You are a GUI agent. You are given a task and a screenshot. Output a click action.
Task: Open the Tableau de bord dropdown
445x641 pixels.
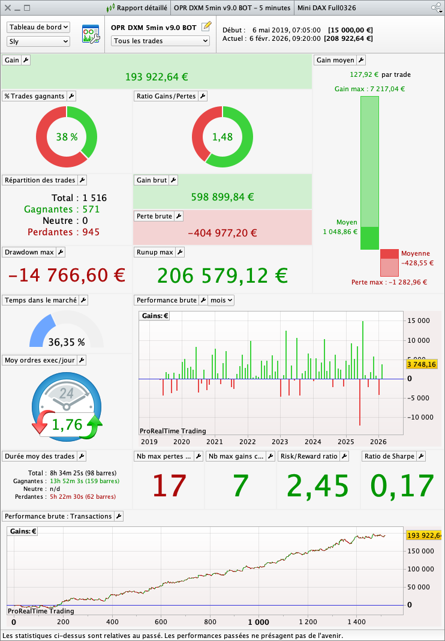point(38,27)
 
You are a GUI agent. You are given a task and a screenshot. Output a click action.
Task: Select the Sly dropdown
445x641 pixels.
point(38,41)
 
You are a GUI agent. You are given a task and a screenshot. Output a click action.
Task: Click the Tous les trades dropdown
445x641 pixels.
point(160,41)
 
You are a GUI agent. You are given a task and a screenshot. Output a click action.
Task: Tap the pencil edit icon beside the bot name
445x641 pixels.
point(207,26)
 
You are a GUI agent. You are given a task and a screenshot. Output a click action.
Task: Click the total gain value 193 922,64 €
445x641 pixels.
point(157,77)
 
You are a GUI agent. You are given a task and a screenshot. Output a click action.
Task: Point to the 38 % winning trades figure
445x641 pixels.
point(67,137)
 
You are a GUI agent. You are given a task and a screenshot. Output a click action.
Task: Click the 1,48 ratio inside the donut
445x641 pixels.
point(222,137)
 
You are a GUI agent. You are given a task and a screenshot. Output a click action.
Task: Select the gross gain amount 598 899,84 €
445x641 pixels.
point(222,197)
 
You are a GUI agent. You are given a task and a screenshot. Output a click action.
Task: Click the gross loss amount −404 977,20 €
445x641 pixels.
point(222,233)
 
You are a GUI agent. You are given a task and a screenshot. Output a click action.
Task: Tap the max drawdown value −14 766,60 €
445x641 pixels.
point(67,275)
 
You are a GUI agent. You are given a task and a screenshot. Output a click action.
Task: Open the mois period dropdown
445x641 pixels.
point(221,300)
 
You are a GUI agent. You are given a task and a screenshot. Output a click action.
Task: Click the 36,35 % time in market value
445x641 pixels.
point(67,342)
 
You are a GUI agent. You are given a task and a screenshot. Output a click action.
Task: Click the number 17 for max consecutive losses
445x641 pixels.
point(169,486)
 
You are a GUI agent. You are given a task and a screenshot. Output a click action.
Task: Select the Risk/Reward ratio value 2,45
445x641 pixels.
point(317,486)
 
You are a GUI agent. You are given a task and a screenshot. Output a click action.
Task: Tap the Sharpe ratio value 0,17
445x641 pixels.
point(402,486)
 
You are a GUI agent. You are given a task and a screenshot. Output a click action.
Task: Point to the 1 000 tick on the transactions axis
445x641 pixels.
point(258,622)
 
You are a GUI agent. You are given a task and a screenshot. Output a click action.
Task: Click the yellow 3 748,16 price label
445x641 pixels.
point(422,364)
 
